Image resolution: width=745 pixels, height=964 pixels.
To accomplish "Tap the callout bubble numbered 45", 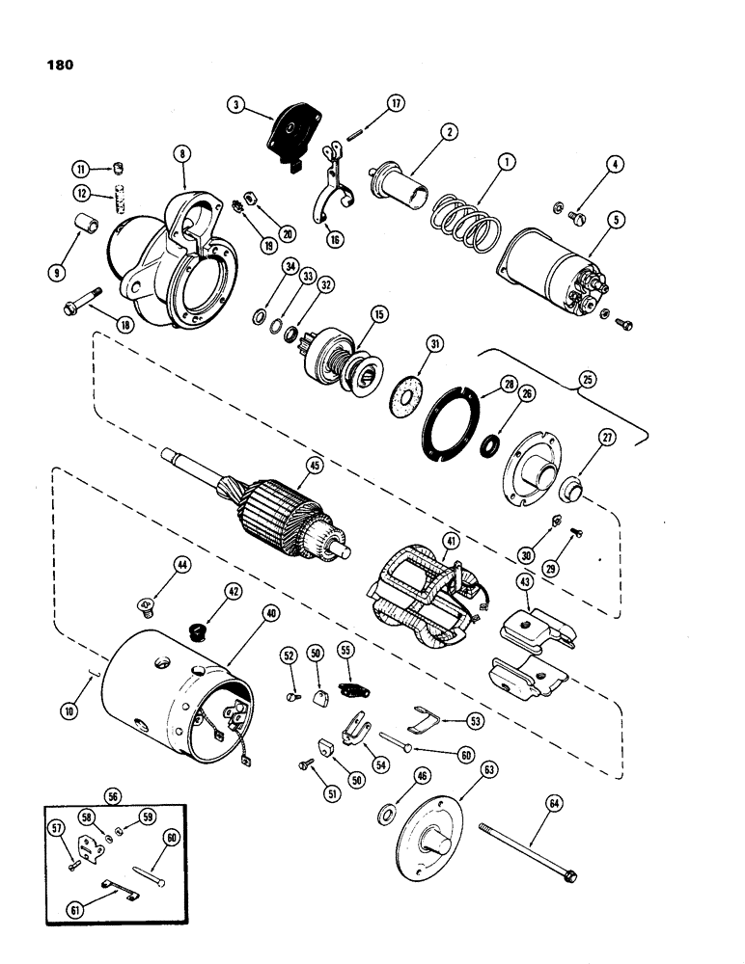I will pyautogui.click(x=313, y=466).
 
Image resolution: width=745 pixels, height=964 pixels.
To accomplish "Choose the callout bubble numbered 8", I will pyautogui.click(x=180, y=154).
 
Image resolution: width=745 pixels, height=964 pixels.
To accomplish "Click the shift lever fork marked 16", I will pyautogui.click(x=334, y=202).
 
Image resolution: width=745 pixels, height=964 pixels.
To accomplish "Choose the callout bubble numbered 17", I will pyautogui.click(x=394, y=104).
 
